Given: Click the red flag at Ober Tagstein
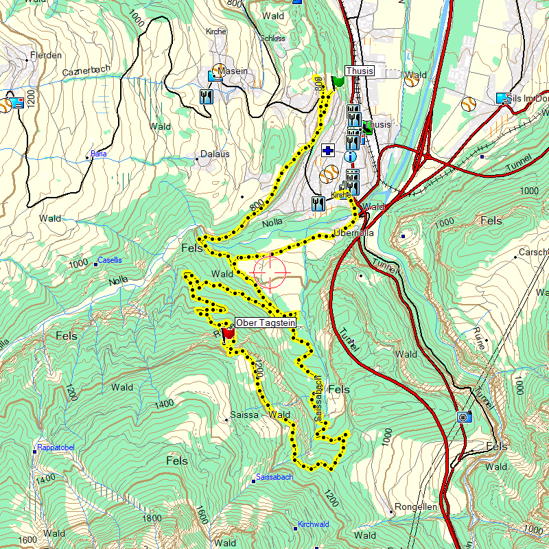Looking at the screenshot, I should tap(229, 333).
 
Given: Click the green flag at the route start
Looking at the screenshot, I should tap(337, 81).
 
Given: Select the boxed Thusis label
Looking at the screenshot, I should tap(360, 71).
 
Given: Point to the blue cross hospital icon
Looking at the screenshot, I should tap(328, 150).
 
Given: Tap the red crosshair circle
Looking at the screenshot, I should tap(270, 271).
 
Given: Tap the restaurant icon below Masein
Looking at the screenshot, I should tap(205, 96).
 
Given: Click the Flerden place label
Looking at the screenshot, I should tap(46, 56).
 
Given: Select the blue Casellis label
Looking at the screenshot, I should tap(110, 260).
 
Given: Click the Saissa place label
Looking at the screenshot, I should tap(245, 414).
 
